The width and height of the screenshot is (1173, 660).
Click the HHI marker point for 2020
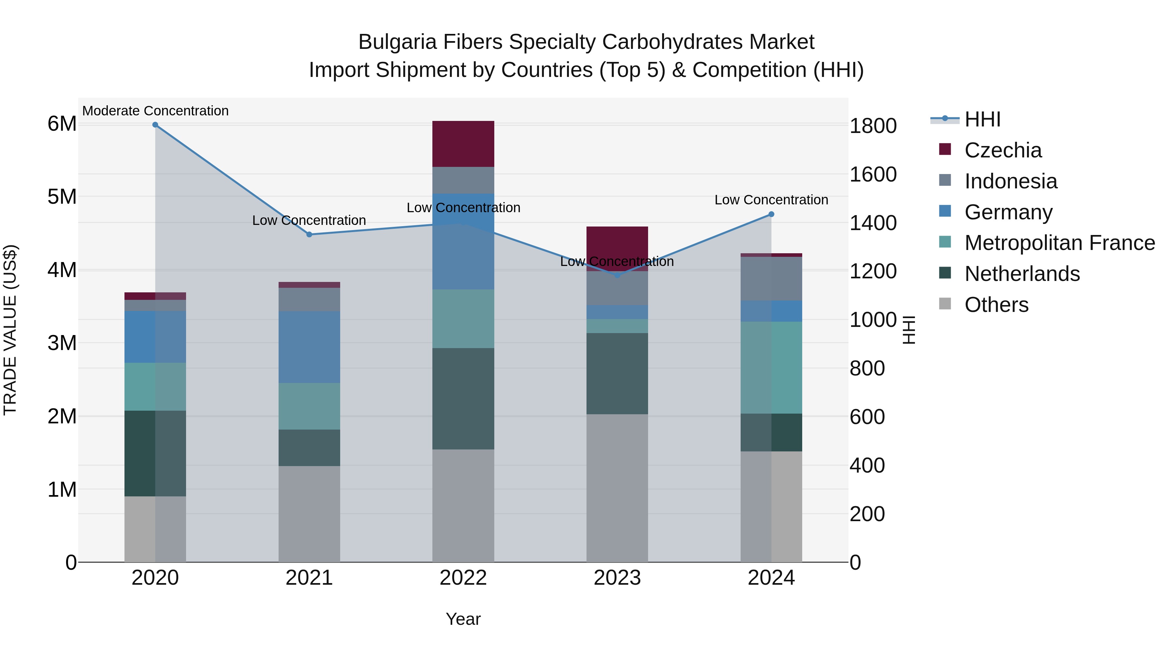[x=155, y=125]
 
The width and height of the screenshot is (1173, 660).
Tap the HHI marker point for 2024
[x=771, y=214]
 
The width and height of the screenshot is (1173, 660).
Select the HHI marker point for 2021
[x=309, y=235]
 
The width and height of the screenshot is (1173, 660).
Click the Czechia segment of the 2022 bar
[x=463, y=144]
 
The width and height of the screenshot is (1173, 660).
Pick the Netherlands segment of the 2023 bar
[x=617, y=374]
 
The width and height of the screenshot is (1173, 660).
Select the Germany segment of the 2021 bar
[x=309, y=347]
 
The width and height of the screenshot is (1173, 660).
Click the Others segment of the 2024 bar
[x=771, y=506]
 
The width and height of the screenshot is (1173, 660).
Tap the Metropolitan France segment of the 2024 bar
[x=771, y=368]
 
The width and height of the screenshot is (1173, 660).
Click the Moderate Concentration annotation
[x=155, y=111]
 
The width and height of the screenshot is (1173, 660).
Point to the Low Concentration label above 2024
[x=771, y=200]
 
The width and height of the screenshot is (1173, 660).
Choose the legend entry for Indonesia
[x=1010, y=181]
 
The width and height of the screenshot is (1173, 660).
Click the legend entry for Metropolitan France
[x=1059, y=243]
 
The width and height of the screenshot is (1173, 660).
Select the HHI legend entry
[x=982, y=119]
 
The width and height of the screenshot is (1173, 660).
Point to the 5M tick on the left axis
[x=62, y=197]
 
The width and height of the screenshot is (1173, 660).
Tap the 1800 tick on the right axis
[x=873, y=126]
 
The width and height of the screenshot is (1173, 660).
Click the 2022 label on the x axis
[x=463, y=578]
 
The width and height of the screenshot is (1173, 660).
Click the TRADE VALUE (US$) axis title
[x=10, y=330]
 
